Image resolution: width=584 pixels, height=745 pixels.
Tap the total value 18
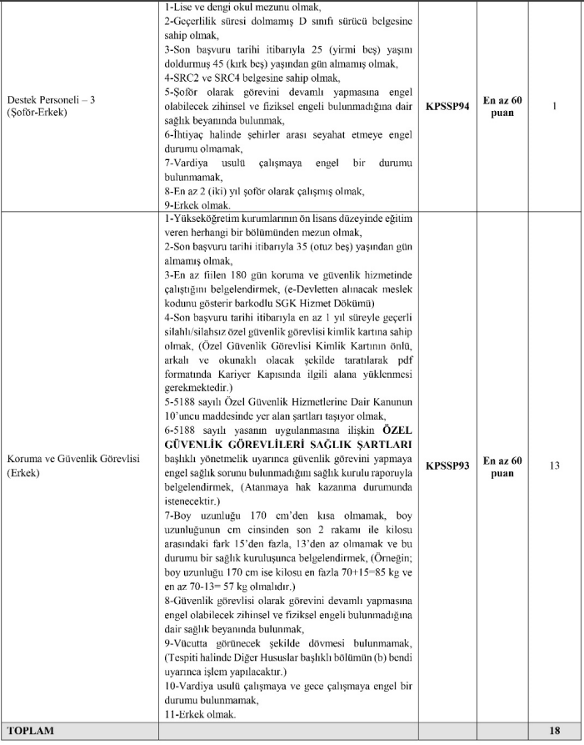554,731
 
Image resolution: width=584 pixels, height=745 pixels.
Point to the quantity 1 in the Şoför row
554,107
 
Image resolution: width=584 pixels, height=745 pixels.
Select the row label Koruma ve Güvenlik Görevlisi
73,460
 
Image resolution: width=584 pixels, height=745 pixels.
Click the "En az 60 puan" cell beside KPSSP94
503,107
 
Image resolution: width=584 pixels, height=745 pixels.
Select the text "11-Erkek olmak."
201,715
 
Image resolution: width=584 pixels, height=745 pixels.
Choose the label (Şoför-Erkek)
38,112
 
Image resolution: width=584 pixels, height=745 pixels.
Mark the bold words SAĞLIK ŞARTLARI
367,444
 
